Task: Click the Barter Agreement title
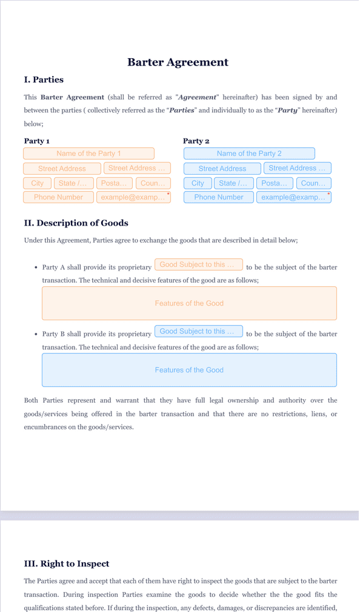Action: click(x=178, y=62)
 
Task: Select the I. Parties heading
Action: click(x=44, y=79)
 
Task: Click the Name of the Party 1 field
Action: click(x=88, y=153)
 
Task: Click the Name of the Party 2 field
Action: click(x=249, y=153)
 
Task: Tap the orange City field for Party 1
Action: click(x=38, y=183)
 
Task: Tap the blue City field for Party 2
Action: click(x=198, y=183)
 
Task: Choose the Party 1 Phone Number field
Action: click(x=58, y=197)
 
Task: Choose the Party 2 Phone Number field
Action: click(x=219, y=197)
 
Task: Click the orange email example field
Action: click(x=133, y=197)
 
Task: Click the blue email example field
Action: click(x=293, y=197)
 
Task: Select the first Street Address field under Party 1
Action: click(x=62, y=169)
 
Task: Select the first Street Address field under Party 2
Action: click(x=222, y=169)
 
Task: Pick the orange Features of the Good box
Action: click(x=189, y=303)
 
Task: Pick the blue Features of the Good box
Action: click(x=189, y=370)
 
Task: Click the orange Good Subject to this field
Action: click(x=198, y=264)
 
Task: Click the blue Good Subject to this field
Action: click(x=198, y=331)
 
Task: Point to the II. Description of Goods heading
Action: click(x=76, y=223)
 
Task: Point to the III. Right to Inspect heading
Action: click(x=67, y=563)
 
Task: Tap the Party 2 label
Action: click(x=196, y=141)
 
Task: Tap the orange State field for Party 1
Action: click(x=73, y=183)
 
